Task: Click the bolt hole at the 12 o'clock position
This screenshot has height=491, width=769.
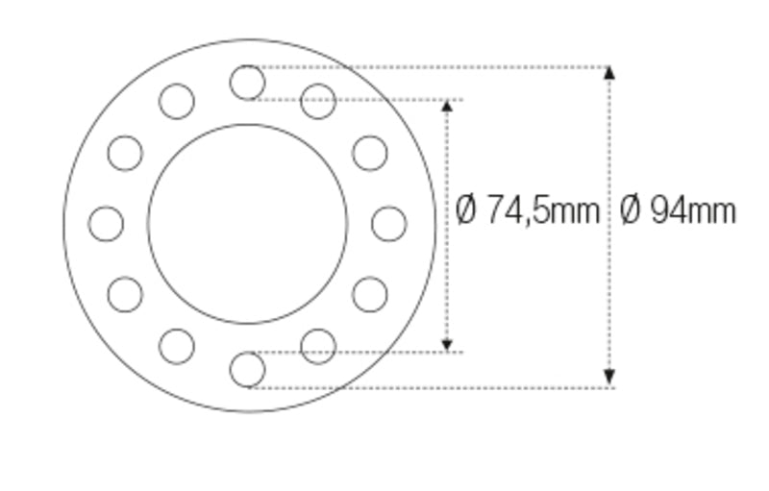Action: pyautogui.click(x=247, y=83)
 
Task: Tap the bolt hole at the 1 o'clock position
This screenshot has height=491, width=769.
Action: pyautogui.click(x=318, y=101)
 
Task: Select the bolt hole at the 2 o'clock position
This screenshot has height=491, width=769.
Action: pyautogui.click(x=369, y=153)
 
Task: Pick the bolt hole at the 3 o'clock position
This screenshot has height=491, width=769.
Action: pyautogui.click(x=388, y=224)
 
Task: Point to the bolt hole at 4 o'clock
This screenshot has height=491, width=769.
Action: pyautogui.click(x=369, y=295)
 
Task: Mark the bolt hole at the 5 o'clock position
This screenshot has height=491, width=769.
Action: pyautogui.click(x=318, y=346)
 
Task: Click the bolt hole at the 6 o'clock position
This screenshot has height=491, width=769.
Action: pyautogui.click(x=247, y=370)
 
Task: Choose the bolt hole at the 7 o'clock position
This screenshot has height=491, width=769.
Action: pyautogui.click(x=176, y=346)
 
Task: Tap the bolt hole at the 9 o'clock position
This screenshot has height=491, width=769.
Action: pyautogui.click(x=106, y=224)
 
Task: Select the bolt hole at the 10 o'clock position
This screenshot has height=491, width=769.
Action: pyautogui.click(x=125, y=153)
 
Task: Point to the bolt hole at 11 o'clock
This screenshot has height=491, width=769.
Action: pyautogui.click(x=176, y=101)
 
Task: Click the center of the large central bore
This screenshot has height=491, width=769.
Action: pyautogui.click(x=247, y=224)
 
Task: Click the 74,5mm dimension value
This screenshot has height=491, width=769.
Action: pyautogui.click(x=542, y=209)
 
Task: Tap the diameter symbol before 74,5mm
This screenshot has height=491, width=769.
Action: pyautogui.click(x=466, y=209)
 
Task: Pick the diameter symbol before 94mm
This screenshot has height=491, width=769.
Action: pyautogui.click(x=631, y=209)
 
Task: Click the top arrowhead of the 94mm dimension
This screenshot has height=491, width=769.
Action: pyautogui.click(x=609, y=72)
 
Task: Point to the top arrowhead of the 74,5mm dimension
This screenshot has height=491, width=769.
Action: pyautogui.click(x=446, y=105)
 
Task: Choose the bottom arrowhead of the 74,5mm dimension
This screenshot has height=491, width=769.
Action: pyautogui.click(x=446, y=344)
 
